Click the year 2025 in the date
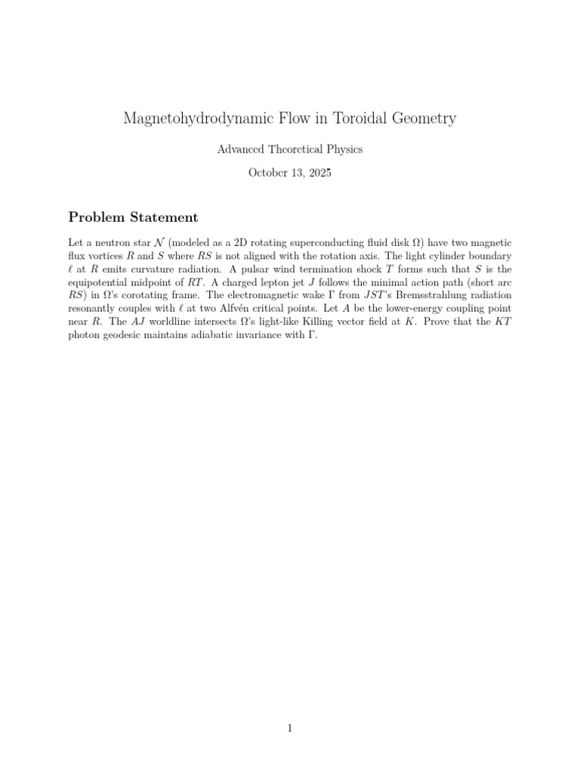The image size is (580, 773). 319,173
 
